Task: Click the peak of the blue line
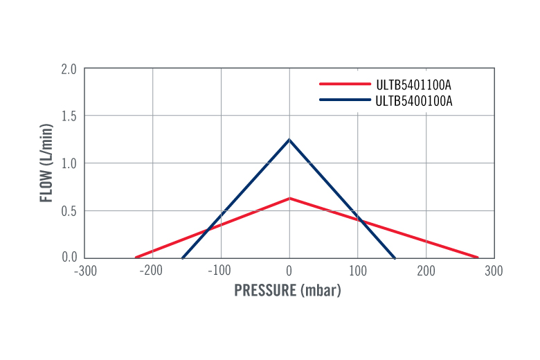click(x=289, y=140)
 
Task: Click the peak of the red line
click(x=289, y=199)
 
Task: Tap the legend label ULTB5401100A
click(x=413, y=86)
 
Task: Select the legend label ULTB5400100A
click(x=413, y=101)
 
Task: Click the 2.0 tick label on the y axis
click(x=69, y=69)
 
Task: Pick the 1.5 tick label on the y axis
click(x=69, y=116)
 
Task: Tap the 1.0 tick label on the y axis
click(x=69, y=163)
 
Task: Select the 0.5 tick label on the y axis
click(x=69, y=210)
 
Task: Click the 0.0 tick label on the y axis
click(x=69, y=258)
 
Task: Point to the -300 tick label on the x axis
click(x=85, y=271)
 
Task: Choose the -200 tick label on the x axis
click(x=151, y=271)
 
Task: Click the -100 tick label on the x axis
click(x=219, y=271)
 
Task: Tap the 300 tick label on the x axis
click(x=494, y=271)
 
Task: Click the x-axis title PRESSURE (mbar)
click(x=288, y=291)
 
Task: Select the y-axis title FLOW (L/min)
click(x=46, y=163)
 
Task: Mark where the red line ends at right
click(x=478, y=258)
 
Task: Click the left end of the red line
click(x=136, y=258)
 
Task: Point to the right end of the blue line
click(x=395, y=258)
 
